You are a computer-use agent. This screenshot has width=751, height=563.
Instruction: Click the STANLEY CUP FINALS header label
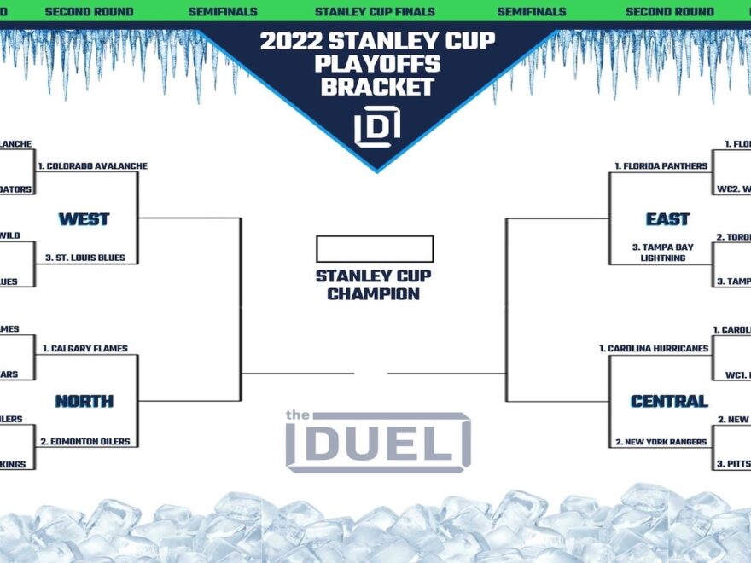click(375, 12)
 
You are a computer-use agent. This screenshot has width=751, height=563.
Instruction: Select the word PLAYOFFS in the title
click(376, 64)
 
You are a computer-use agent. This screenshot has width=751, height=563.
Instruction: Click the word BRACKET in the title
click(376, 87)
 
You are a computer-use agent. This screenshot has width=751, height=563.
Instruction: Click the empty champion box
click(375, 249)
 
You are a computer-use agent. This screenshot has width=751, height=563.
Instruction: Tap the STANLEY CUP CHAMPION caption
click(374, 285)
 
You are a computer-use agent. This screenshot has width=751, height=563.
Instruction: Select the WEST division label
click(84, 219)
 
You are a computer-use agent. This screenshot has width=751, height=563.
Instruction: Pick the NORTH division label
click(84, 401)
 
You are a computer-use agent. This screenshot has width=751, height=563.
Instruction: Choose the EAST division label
click(667, 219)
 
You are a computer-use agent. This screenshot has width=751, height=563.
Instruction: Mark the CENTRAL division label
click(669, 401)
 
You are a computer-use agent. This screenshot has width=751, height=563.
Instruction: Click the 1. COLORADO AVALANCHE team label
click(93, 165)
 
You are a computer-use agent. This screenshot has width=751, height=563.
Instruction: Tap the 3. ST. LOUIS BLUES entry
click(84, 258)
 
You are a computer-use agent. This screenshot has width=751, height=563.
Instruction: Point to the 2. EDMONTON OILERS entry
click(85, 441)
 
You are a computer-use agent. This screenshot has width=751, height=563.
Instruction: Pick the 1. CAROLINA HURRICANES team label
click(654, 348)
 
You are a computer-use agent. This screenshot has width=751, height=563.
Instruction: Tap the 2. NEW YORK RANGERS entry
click(661, 442)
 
